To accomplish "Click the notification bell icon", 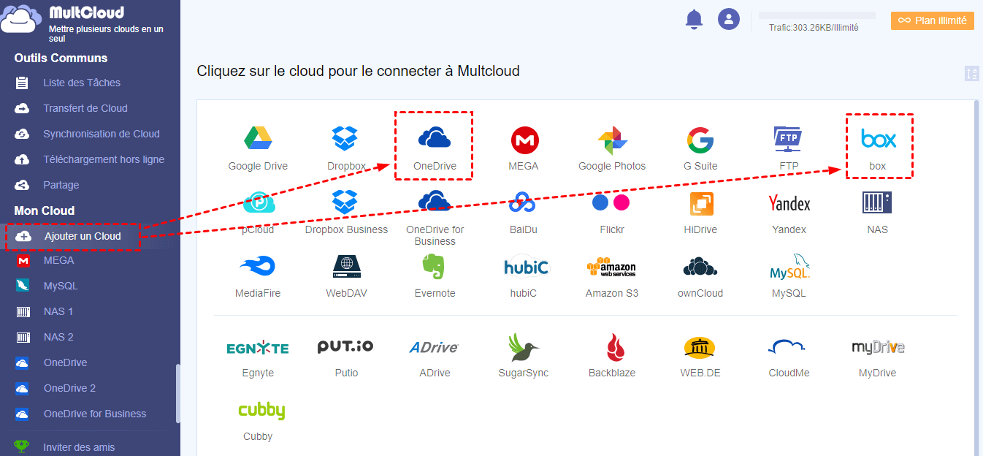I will (x=693, y=20).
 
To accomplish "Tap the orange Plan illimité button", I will (x=933, y=20).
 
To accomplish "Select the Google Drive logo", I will (x=258, y=138).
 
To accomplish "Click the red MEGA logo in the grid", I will (x=524, y=139).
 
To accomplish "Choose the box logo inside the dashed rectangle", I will (x=878, y=139).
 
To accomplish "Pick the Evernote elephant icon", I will (x=435, y=267).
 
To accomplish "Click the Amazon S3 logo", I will (x=612, y=267).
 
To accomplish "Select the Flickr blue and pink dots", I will (x=611, y=202).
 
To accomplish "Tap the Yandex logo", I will (x=789, y=202).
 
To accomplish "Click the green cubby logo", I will (x=261, y=411).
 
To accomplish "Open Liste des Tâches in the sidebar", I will (x=81, y=83).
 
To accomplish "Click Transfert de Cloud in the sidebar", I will (x=85, y=108).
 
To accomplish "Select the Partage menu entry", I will (x=61, y=185).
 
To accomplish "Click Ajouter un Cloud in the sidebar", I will (x=82, y=236).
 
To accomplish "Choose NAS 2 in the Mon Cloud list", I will (x=58, y=337).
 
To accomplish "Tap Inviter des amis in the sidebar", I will (x=79, y=447).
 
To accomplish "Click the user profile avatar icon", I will (x=729, y=20).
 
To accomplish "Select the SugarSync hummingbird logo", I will (x=523, y=347).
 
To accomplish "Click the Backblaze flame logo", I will (x=612, y=347).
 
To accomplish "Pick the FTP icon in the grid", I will (x=789, y=138).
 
